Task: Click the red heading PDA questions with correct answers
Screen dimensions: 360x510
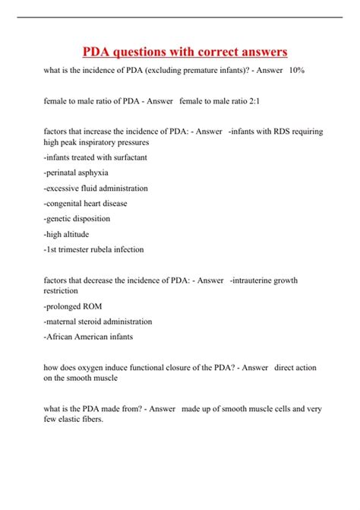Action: click(185, 52)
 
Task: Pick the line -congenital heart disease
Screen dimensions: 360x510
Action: click(86, 203)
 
